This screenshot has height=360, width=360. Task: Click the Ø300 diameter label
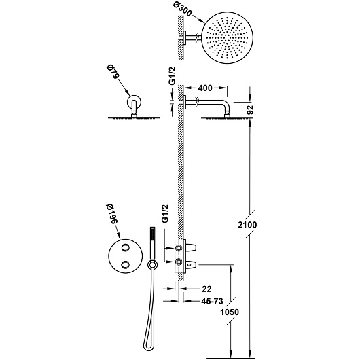183,10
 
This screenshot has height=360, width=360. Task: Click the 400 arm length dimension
205,88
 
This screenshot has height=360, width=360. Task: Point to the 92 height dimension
250,109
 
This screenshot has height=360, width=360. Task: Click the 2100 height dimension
247,225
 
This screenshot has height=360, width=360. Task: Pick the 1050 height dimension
230,312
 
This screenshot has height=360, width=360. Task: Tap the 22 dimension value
206,289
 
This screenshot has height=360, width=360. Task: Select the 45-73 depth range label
212,301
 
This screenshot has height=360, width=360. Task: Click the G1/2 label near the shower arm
173,76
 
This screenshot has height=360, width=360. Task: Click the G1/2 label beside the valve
165,213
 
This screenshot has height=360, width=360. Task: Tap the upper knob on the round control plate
125,247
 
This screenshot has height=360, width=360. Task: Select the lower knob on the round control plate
125,264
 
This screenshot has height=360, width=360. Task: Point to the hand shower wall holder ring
151,264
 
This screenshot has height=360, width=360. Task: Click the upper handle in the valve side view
192,247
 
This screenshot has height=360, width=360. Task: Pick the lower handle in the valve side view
192,265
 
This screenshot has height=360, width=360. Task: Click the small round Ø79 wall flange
133,102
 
